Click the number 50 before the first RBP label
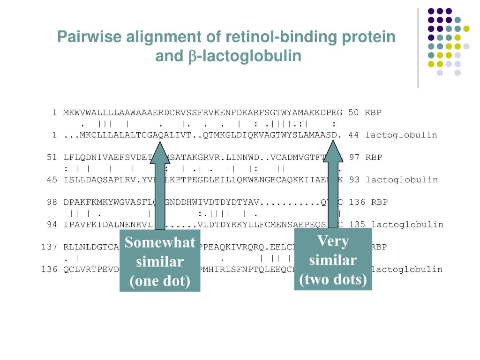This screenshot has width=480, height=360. [354, 112]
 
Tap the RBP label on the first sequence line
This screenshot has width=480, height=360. [374, 112]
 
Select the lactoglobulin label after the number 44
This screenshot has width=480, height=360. [401, 135]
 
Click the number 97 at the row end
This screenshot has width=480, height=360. [355, 157]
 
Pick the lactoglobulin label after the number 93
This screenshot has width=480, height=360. [402, 180]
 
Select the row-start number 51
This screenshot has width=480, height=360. [52, 157]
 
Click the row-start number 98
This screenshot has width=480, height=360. [52, 202]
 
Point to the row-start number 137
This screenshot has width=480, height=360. [49, 247]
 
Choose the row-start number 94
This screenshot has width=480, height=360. [52, 225]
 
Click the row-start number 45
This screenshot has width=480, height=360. [52, 180]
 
